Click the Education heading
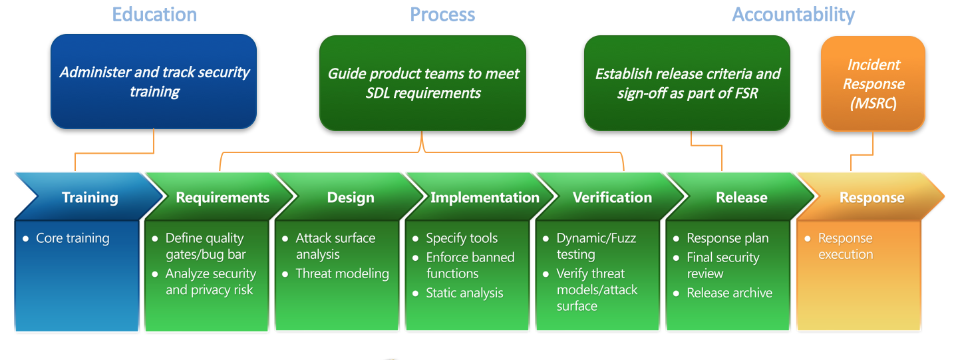[x=154, y=15]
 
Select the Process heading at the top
[x=442, y=15]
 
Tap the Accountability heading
[x=793, y=15]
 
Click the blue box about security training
[x=154, y=82]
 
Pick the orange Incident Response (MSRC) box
[x=874, y=84]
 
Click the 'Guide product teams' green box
[x=423, y=83]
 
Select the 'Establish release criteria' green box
[x=687, y=83]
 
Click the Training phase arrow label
[x=90, y=198]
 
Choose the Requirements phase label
[x=222, y=198]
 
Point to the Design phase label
[x=351, y=198]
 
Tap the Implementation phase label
[x=484, y=198]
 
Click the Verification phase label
[x=612, y=198]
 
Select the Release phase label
[x=741, y=198]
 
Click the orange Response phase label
[x=872, y=198]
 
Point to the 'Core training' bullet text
[x=73, y=238]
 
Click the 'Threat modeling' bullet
[x=342, y=273]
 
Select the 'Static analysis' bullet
[x=464, y=293]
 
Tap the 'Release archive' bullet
[x=729, y=293]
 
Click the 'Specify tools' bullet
[x=462, y=238]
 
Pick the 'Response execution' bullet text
[x=845, y=246]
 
